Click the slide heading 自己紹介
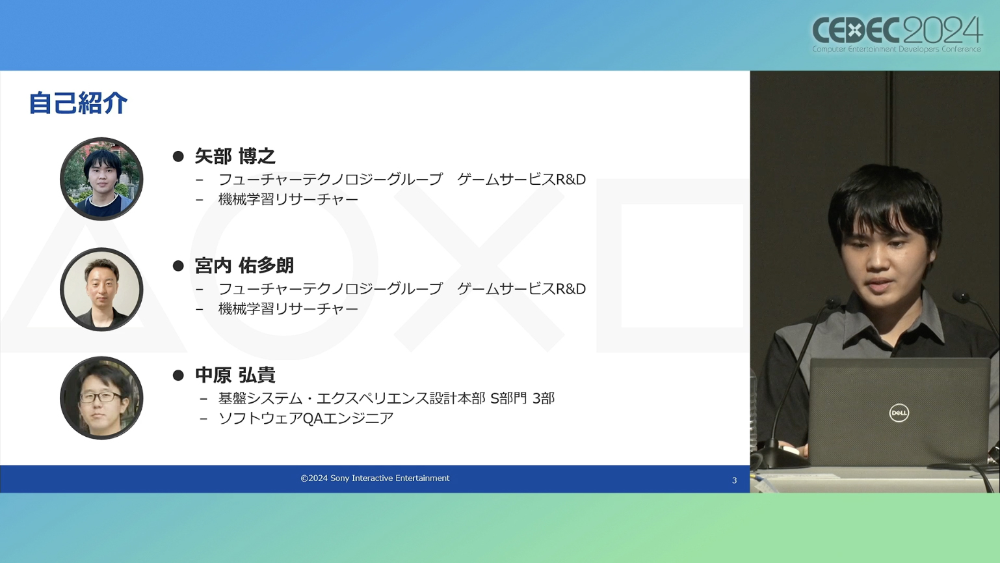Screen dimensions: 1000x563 click(x=78, y=103)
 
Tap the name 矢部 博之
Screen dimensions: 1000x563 click(x=235, y=156)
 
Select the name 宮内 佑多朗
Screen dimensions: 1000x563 click(x=244, y=266)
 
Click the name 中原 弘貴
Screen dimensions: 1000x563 click(x=235, y=375)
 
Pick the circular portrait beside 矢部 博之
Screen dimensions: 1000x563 click(x=102, y=179)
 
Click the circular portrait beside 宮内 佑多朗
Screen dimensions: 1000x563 click(x=102, y=289)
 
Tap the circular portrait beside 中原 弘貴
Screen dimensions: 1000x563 click(x=102, y=398)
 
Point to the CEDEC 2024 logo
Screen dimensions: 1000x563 click(x=897, y=34)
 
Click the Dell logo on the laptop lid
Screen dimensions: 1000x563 click(x=899, y=413)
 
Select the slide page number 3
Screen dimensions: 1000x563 click(x=734, y=480)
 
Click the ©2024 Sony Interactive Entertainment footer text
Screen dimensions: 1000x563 click(x=375, y=478)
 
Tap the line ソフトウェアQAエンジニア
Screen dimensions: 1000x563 click(x=306, y=419)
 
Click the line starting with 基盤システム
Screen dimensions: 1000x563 click(x=386, y=398)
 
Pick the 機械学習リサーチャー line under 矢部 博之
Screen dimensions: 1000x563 click(x=288, y=199)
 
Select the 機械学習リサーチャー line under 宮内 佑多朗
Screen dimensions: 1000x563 click(x=288, y=309)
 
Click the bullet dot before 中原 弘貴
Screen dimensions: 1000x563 click(x=178, y=376)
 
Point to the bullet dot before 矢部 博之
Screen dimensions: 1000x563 click(x=178, y=156)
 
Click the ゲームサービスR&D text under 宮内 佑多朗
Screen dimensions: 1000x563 click(x=521, y=288)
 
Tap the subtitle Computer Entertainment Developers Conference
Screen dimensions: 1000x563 click(x=897, y=49)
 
